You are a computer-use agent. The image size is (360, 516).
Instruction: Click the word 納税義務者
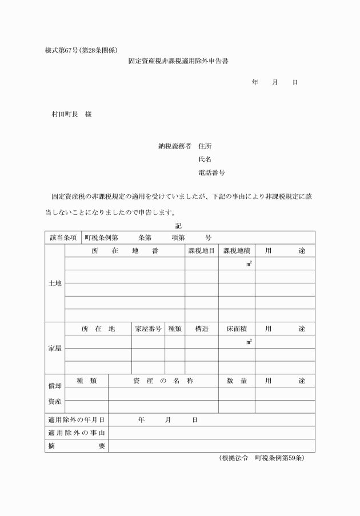[175, 146]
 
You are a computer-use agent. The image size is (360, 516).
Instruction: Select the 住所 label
[205, 146]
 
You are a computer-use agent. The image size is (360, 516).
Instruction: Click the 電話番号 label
[211, 173]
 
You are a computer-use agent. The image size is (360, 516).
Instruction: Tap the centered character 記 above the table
[179, 225]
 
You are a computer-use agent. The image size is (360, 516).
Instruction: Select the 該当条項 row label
[63, 237]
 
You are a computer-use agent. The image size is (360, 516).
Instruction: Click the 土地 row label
[55, 283]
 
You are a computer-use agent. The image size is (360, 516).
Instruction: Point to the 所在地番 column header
[125, 250]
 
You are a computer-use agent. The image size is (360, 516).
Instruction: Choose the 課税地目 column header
[201, 250]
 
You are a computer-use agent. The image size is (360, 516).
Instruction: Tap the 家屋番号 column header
[148, 329]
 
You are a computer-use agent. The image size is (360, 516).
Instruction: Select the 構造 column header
[201, 329]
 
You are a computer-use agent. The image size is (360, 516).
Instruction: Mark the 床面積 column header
[236, 329]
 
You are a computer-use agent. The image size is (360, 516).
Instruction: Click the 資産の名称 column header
[163, 381]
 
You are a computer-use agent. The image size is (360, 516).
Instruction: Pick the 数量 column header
[236, 381]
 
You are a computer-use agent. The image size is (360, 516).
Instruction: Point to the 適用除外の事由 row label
[77, 433]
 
